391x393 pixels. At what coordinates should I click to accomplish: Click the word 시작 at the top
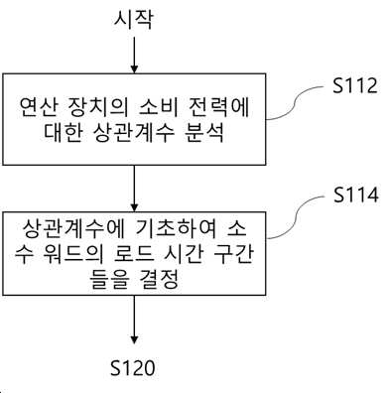pos(134,20)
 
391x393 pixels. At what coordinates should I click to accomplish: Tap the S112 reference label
pos(355,85)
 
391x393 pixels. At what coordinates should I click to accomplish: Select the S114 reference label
pos(355,195)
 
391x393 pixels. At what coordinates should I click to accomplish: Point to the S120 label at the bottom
pos(132,368)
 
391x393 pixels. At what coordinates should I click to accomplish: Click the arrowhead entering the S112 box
pos(134,69)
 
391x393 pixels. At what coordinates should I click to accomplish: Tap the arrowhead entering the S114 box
pos(134,207)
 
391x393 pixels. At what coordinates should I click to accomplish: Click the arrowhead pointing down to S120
pos(134,339)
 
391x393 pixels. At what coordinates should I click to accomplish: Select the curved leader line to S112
pos(295,101)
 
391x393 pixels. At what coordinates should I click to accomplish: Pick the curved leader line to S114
pos(296,215)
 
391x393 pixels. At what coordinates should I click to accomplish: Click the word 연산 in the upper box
pos(38,107)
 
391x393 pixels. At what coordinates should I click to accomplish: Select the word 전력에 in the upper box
pos(218,107)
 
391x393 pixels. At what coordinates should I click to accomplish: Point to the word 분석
pos(205,133)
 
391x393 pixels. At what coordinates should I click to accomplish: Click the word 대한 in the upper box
pos(63,133)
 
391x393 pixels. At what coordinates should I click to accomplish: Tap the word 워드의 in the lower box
pos(73,254)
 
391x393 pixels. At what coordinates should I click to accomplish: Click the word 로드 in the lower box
pos(135,254)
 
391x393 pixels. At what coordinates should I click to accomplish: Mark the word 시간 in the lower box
pos(185,254)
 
